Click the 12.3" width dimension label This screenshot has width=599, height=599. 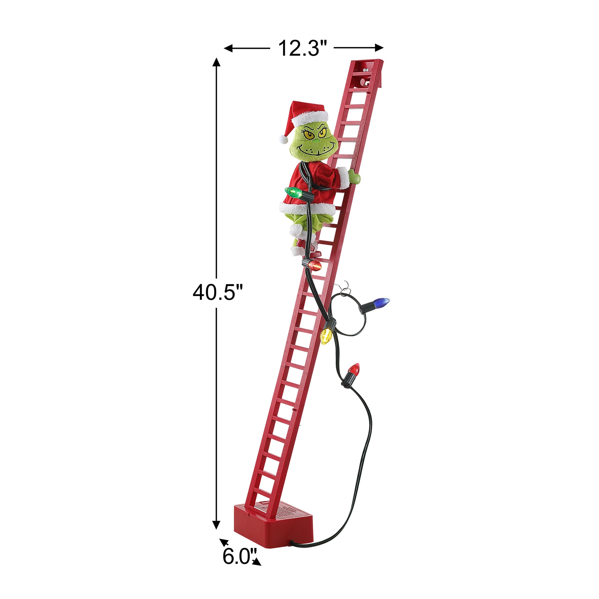click(302, 48)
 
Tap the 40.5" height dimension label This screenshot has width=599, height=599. click(217, 292)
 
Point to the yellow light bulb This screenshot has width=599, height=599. click(326, 337)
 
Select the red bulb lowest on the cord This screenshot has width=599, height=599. click(354, 369)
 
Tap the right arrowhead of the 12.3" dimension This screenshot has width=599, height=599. click(379, 48)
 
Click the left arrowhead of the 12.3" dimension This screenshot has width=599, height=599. click(229, 48)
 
